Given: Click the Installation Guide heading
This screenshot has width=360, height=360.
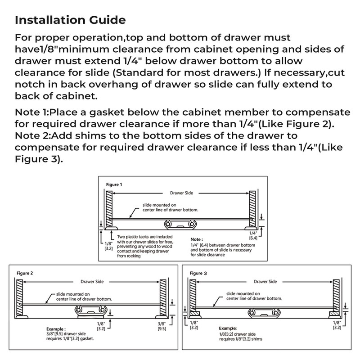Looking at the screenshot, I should coord(70,20).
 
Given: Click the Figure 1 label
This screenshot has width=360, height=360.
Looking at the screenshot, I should coord(113,184).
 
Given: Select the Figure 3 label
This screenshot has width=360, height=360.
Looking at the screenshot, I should coord(198,273).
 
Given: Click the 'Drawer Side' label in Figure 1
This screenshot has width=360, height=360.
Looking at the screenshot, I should coord(180,192).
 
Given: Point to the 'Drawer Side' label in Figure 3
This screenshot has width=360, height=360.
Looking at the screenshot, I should coord(265,282).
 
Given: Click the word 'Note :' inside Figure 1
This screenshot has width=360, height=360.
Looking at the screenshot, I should coord(197,239).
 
